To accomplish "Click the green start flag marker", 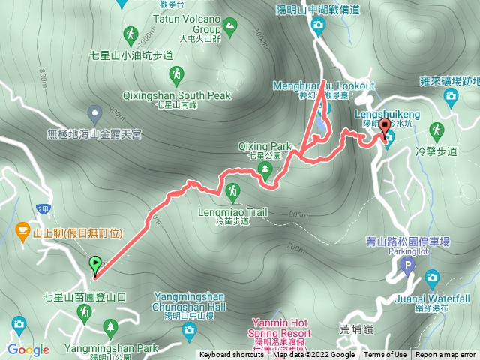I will pos(95,264).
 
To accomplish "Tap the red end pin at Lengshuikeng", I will pos(386,127).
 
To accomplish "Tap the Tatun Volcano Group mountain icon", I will pos(228,28).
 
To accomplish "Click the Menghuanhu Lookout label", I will pos(324,86).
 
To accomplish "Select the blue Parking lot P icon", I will pos(408,266).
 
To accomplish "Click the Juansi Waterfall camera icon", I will pos(432,279).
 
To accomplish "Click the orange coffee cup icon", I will pos(22,228).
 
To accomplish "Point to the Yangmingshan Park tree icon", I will pos(112,327).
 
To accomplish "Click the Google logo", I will pos(28,349).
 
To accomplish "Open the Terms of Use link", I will pos(385,355).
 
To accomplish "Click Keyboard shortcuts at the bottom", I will pos(231,355).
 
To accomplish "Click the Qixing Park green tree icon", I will pos(265,172).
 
